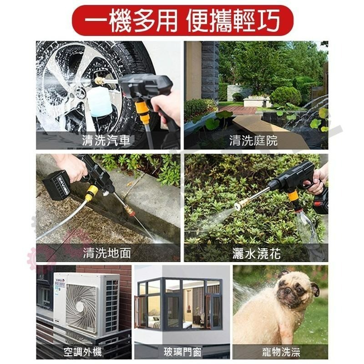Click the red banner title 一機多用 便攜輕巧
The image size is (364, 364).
click(x=182, y=20)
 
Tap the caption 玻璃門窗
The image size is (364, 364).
click(x=182, y=351)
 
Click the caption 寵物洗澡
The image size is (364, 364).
click(x=281, y=351)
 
